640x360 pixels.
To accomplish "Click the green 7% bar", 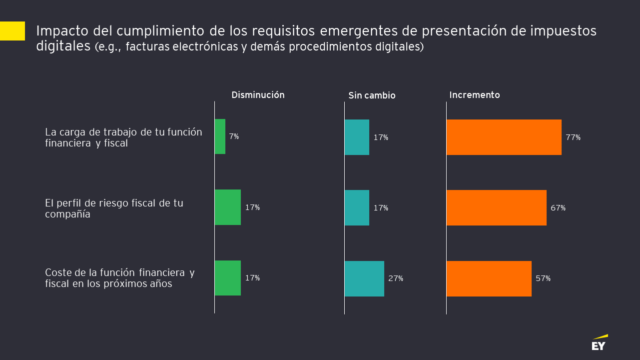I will (220, 136).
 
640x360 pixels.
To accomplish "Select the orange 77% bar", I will (504, 137).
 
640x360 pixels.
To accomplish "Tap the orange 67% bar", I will (496, 207).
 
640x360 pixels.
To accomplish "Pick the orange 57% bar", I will (489, 278).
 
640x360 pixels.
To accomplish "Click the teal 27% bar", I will (364, 278).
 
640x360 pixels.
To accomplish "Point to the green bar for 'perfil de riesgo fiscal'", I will (228, 207).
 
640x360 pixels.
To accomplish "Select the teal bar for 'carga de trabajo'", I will (357, 137).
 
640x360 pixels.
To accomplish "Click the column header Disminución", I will (258, 95).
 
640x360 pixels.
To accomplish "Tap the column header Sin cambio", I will (372, 95).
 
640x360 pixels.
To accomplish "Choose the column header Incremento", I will (475, 95).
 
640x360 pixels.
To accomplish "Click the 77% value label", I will (573, 137).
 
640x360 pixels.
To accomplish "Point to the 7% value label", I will (234, 136).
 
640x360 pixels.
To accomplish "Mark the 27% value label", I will (396, 278).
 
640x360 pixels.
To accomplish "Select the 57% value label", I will (543, 278).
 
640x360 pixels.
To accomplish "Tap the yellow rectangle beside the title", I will (12, 31).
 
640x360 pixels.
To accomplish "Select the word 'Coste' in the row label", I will (57, 273).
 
